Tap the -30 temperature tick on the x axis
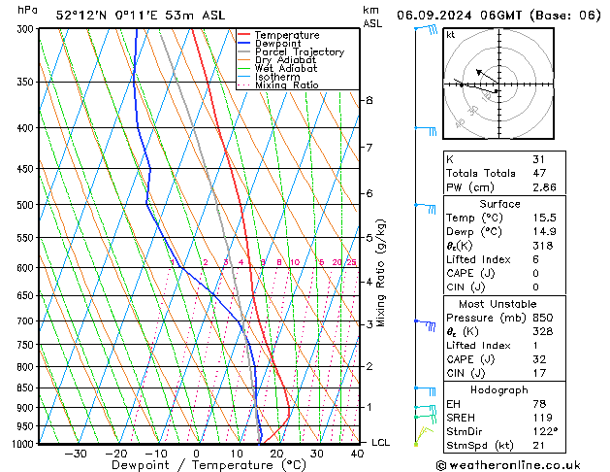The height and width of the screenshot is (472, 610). point(75,454)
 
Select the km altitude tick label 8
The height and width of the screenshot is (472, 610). point(369,100)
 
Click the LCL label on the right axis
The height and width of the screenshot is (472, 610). point(382,443)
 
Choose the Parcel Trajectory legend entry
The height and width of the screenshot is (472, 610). point(299,52)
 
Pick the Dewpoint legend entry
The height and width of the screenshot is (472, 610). point(279,44)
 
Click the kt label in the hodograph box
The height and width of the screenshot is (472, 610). point(450,34)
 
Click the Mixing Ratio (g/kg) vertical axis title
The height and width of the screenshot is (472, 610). point(382,272)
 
